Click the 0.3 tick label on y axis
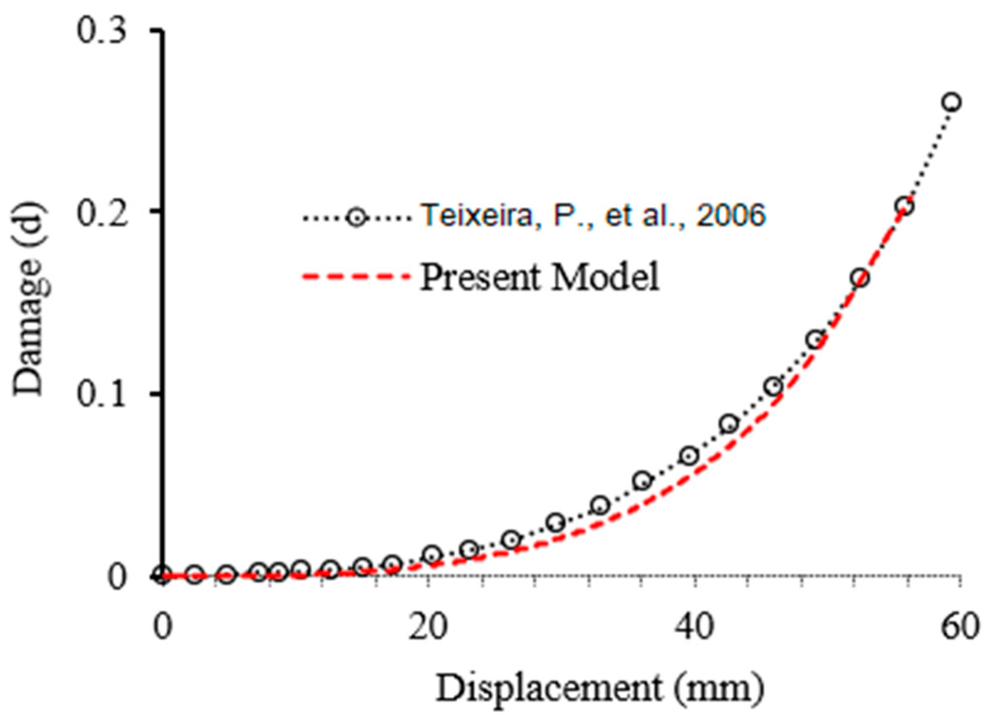point(101,31)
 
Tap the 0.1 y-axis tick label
point(101,394)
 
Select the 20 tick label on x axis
point(428,627)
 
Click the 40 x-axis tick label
point(694,627)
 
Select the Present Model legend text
point(539,277)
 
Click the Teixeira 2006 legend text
point(592,215)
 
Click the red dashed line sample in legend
point(357,277)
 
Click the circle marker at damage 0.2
point(905,206)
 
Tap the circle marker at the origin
point(162,575)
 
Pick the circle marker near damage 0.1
point(774,386)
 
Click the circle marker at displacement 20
point(432,554)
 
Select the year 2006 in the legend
point(730,215)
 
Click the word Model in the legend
point(605,277)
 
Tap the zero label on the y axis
point(117,577)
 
